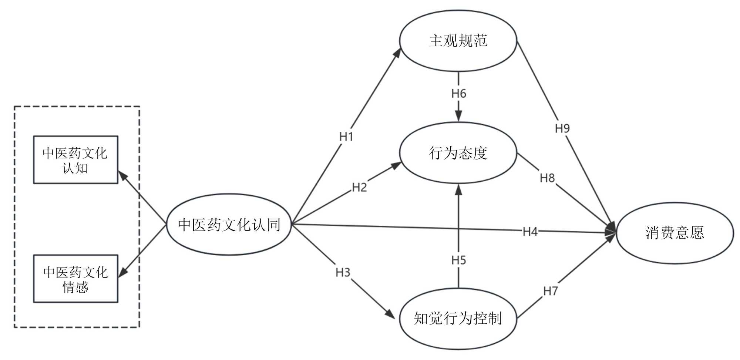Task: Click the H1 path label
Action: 346,137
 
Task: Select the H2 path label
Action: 359,188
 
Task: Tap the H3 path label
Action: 343,273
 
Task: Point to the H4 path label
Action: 530,232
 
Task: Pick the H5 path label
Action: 458,260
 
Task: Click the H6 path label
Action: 458,94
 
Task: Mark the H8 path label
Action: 547,178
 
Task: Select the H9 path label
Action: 562,129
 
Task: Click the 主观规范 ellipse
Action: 458,41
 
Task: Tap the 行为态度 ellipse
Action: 458,153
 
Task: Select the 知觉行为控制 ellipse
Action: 458,319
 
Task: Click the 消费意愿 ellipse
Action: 675,233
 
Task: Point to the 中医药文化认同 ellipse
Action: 229,225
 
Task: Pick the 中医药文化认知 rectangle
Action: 75,160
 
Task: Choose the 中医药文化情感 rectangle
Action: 75,279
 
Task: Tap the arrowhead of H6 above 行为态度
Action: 458,116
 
